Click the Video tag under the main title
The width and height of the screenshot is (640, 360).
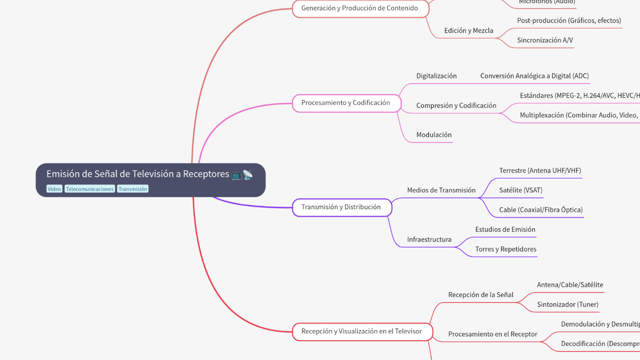point(54,189)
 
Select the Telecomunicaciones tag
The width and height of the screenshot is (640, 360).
point(90,189)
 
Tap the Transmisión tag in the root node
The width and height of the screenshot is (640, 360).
point(132,189)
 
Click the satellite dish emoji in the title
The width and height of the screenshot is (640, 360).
point(248,174)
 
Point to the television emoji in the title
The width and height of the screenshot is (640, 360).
point(236,174)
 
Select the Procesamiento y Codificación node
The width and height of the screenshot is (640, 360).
point(345,103)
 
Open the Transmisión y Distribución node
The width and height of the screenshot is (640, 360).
point(341,207)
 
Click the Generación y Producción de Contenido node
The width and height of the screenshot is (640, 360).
point(359,8)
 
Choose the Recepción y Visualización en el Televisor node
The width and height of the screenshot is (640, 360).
point(361,331)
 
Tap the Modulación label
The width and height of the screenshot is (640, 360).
point(434,135)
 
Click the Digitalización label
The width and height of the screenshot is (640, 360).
point(436,76)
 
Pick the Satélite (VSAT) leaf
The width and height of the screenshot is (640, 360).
point(520,190)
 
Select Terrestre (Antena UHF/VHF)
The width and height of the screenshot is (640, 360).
point(540,170)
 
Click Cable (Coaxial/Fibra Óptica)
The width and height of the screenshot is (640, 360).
point(540,210)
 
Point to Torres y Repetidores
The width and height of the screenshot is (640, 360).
point(505,249)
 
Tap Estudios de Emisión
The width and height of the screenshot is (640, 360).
point(505,229)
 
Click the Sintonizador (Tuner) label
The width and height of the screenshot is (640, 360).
point(567,304)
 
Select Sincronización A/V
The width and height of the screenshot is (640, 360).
point(545,40)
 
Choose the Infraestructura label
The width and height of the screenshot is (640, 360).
point(429,239)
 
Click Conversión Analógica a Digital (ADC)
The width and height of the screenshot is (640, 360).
point(534,76)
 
